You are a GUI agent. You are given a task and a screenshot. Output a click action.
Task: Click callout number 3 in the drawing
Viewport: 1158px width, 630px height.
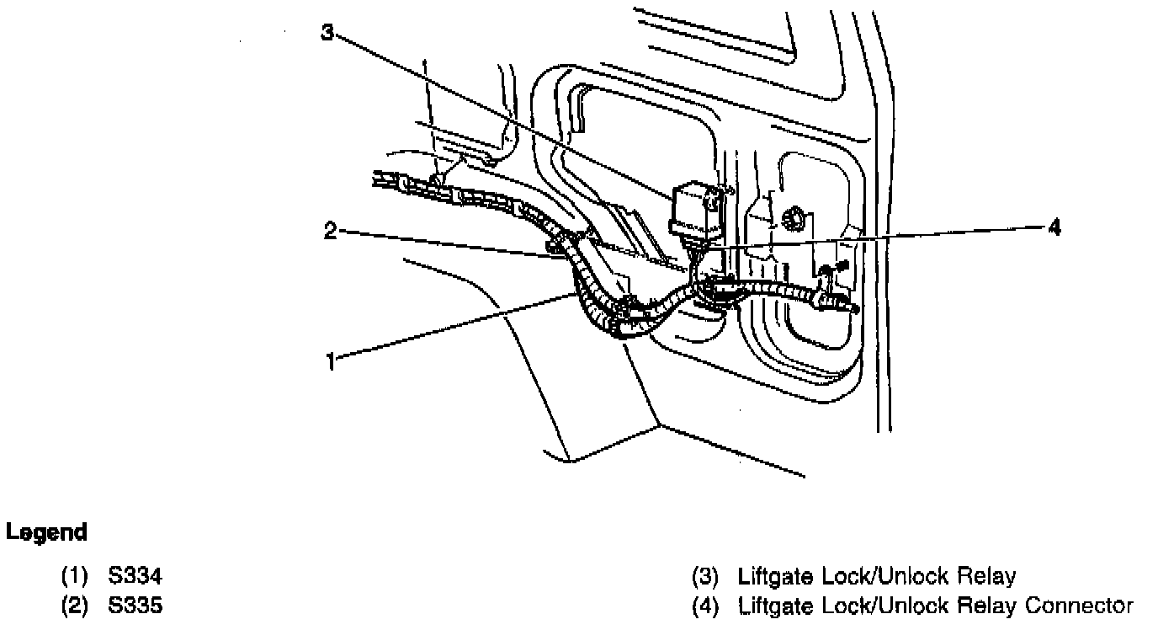click(327, 32)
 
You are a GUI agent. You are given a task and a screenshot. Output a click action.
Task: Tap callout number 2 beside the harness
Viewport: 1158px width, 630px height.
click(331, 231)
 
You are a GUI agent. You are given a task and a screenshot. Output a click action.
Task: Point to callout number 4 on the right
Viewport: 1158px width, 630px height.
click(1054, 227)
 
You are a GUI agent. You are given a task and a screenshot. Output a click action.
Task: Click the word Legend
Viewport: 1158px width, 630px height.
click(46, 533)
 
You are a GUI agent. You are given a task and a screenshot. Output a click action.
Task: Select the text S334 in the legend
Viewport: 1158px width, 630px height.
click(135, 577)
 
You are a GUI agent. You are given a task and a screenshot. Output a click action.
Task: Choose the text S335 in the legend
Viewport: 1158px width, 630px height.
click(135, 605)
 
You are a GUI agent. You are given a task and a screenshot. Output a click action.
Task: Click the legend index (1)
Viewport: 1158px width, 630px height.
click(75, 577)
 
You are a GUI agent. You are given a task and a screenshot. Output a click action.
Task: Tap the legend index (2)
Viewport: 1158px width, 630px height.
click(75, 605)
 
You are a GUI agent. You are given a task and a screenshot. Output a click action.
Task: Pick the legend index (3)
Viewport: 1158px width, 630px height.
click(704, 577)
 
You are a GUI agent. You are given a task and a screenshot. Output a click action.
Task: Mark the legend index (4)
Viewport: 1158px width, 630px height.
click(704, 605)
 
